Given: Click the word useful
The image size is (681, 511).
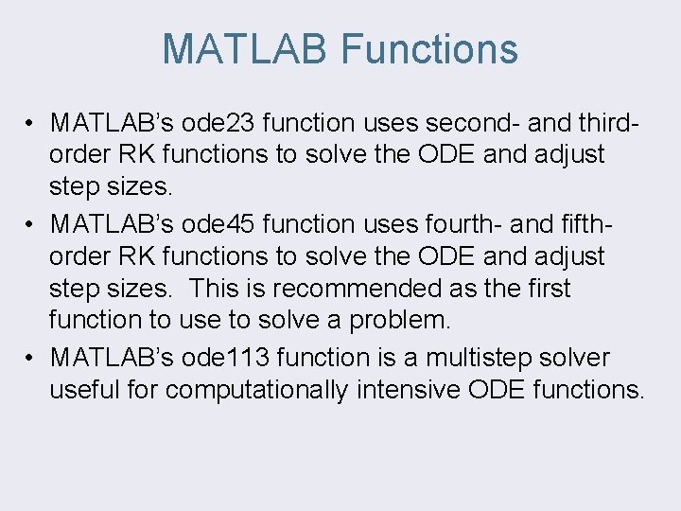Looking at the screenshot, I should tap(79, 390).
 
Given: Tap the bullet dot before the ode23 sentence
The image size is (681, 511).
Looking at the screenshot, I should tap(31, 124).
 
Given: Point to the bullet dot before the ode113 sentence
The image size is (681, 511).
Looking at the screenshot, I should tap(31, 359).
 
